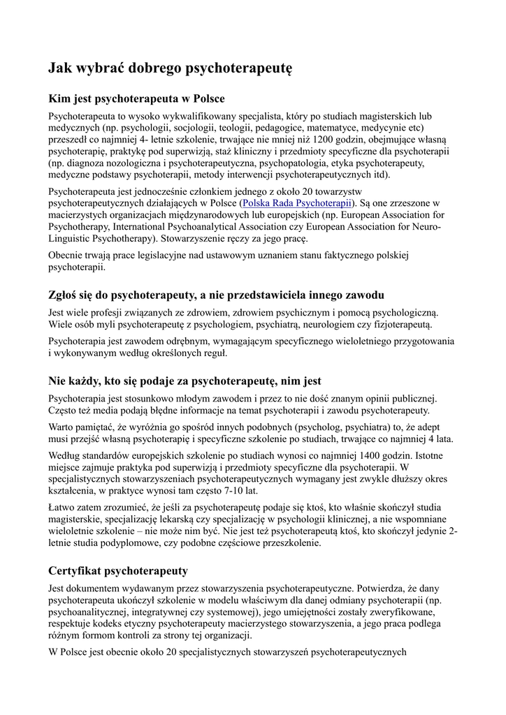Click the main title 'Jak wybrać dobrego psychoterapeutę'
point(169,68)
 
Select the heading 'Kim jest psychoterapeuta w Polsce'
point(136,98)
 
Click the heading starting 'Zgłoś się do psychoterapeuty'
point(216,295)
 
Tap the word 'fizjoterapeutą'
point(400,324)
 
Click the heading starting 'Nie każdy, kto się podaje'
point(185,381)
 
